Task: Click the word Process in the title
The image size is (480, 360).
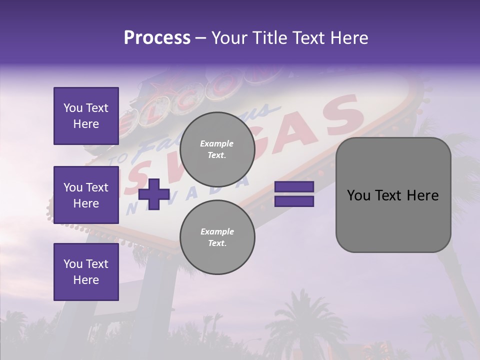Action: (x=157, y=37)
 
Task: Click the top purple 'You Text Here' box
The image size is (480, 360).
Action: (x=86, y=116)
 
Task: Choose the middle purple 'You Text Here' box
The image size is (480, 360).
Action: (x=86, y=195)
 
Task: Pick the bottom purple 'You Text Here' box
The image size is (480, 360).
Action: (x=86, y=272)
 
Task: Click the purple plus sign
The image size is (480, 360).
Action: (x=154, y=194)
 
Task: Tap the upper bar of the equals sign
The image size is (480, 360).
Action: (x=294, y=186)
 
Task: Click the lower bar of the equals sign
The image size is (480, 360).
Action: (x=294, y=201)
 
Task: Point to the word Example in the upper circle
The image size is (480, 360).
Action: (x=217, y=143)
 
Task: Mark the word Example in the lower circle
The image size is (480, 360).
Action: (x=217, y=231)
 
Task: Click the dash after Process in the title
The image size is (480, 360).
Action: (x=201, y=37)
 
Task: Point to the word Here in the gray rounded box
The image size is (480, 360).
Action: (x=422, y=195)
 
